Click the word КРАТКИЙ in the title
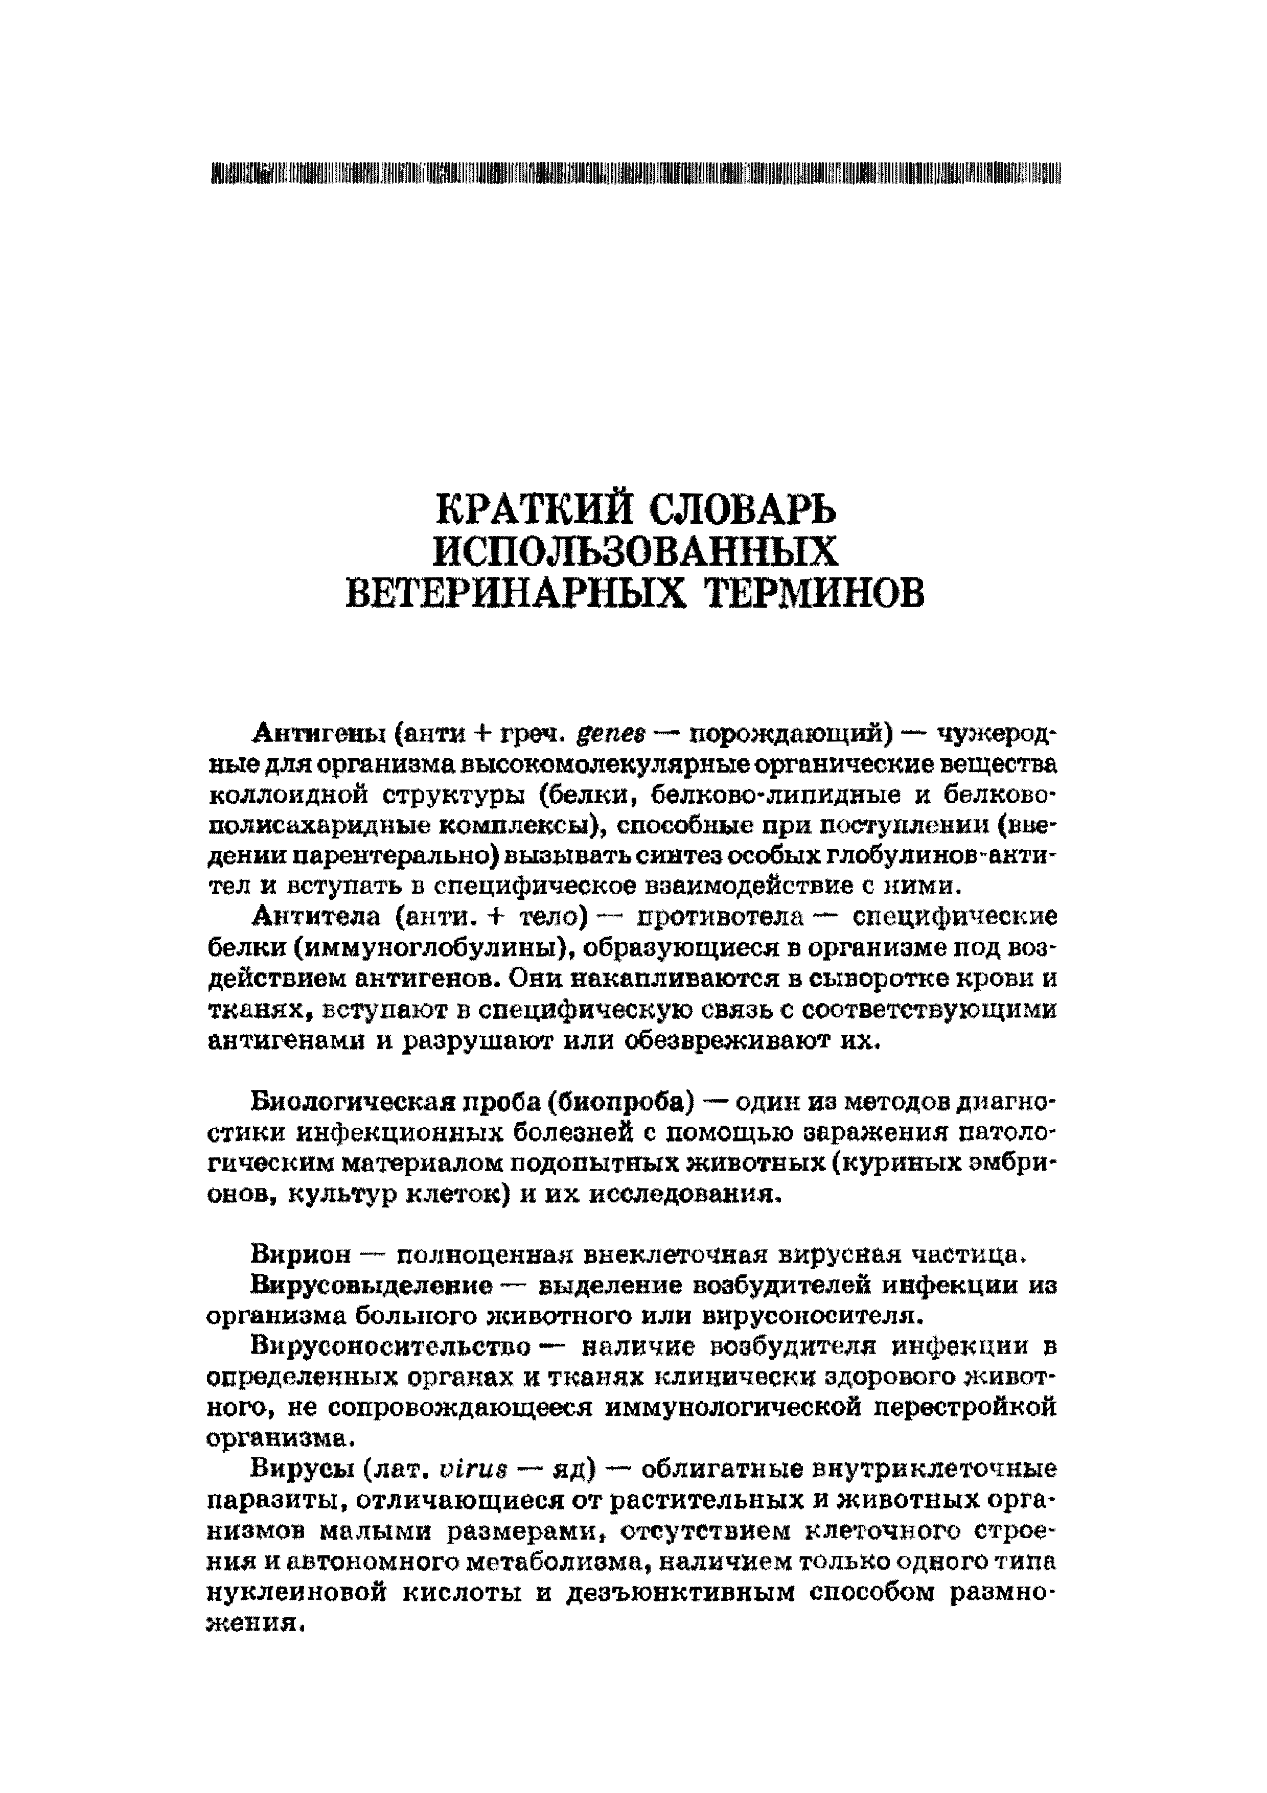pyautogui.click(x=531, y=511)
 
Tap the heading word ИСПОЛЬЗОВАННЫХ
pyautogui.click(x=635, y=553)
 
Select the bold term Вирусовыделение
pyautogui.click(x=372, y=1286)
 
